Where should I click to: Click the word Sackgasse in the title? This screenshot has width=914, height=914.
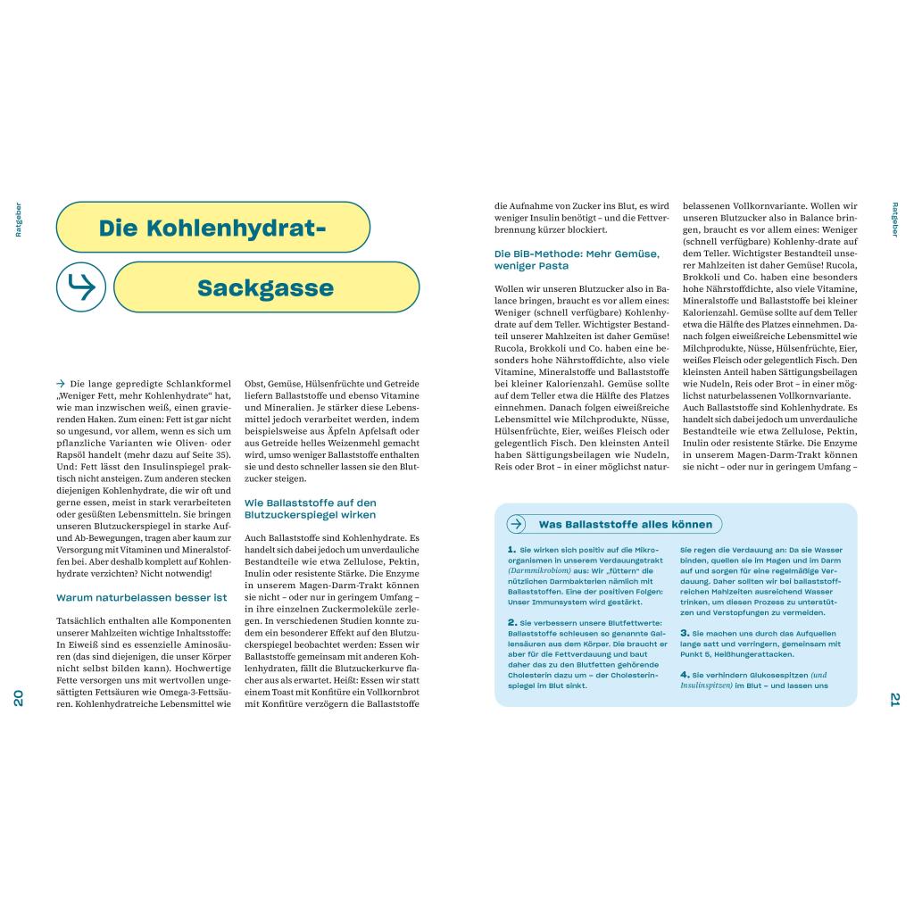[x=265, y=288]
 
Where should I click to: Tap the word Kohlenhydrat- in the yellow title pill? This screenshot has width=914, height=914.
[x=212, y=228]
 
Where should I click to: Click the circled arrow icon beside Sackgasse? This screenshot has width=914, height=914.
[x=81, y=287]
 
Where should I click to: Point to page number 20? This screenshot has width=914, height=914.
[x=19, y=698]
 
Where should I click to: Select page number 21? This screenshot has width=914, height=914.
[x=894, y=698]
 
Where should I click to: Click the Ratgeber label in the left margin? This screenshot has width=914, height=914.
[x=19, y=220]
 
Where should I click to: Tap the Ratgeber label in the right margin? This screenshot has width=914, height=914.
[x=894, y=220]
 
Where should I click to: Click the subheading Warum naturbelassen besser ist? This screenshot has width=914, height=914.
[x=141, y=597]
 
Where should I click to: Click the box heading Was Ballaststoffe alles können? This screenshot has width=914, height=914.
[x=625, y=524]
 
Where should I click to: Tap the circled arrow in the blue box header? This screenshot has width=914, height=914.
[x=517, y=524]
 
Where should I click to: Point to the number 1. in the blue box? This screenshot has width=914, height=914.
[x=511, y=550]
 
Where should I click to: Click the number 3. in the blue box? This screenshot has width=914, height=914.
[x=685, y=632]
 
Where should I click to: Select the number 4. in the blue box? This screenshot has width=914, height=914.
[x=685, y=674]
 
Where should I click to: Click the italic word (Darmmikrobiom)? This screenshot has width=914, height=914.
[x=539, y=570]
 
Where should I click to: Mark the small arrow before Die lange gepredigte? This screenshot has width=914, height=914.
[x=61, y=383]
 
